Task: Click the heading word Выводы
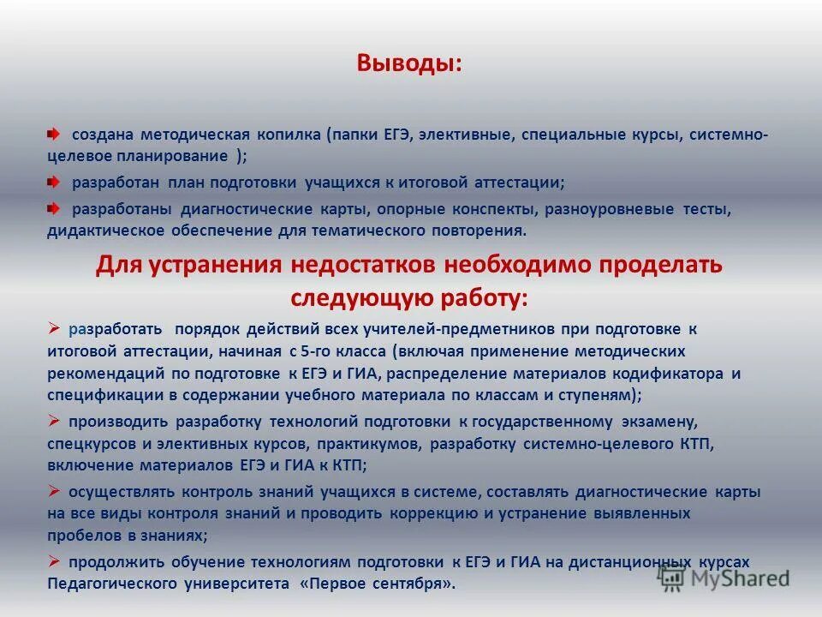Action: point(409,64)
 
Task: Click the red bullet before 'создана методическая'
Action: point(53,135)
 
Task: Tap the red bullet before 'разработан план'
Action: point(53,183)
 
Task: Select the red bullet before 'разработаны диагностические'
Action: point(53,208)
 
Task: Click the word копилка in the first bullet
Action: point(288,135)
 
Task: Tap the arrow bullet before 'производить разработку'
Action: point(53,421)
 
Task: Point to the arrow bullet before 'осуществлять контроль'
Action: point(53,491)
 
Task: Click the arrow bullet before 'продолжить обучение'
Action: point(53,561)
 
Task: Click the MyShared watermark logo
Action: point(724,578)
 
